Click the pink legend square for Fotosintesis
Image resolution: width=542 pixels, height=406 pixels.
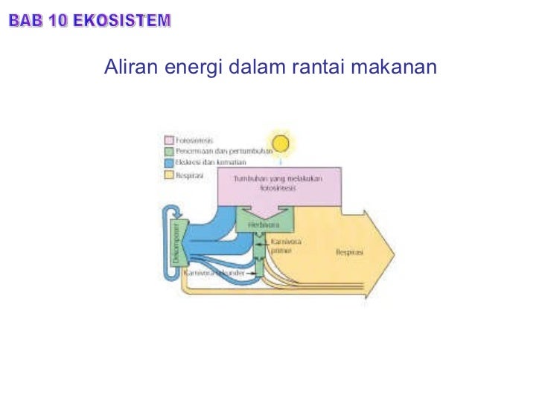(168, 139)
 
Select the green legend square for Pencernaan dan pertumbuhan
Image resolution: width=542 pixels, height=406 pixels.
(168, 150)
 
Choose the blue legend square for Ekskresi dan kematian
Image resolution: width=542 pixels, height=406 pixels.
(168, 161)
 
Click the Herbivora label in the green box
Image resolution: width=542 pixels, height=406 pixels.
(263, 225)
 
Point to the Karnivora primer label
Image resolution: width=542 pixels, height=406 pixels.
(281, 246)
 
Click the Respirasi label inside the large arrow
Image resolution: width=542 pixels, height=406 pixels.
(349, 253)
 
